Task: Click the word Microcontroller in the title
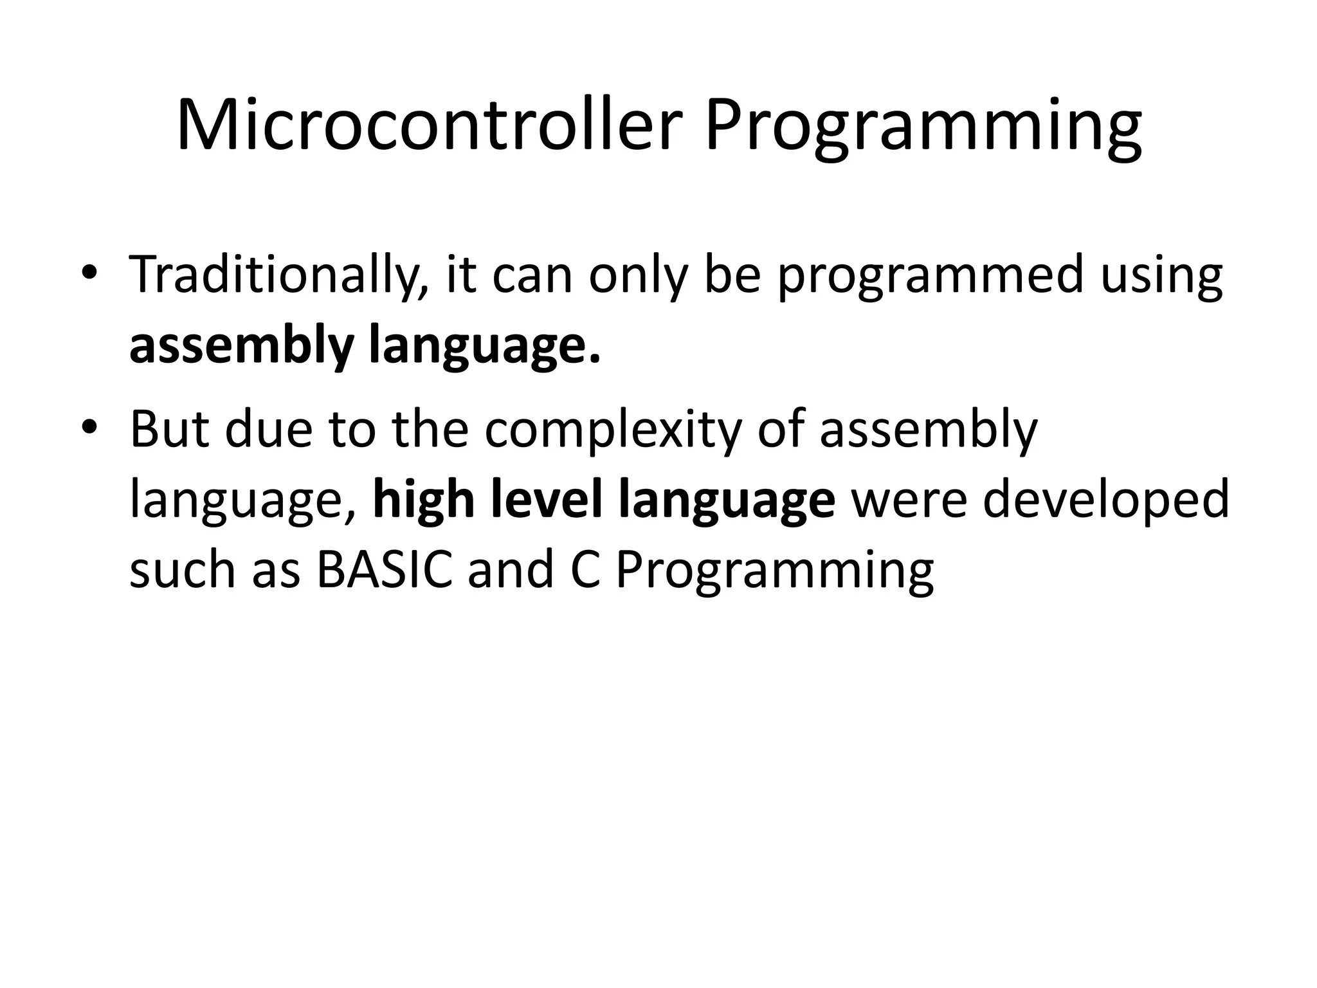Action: coord(428,125)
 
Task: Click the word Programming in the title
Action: coord(923,125)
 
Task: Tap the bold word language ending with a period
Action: coord(484,346)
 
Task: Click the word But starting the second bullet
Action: coord(169,430)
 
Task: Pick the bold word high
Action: coord(424,500)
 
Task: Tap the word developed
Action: coord(1105,500)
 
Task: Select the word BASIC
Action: coord(384,570)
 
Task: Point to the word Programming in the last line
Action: coord(774,570)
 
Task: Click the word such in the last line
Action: coord(183,570)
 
